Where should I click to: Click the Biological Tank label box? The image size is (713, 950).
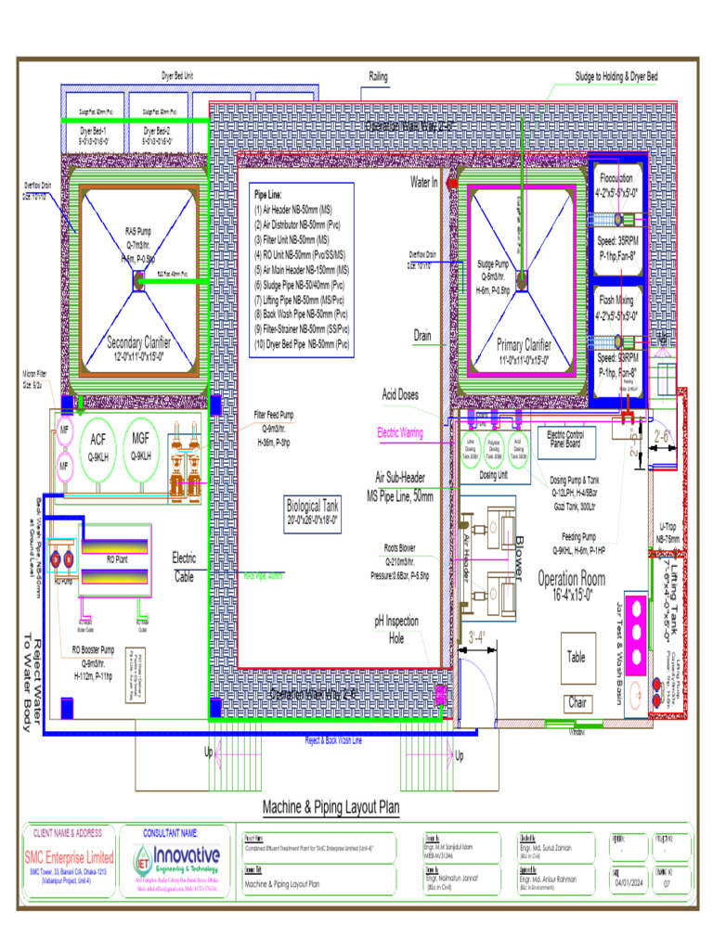[x=311, y=511]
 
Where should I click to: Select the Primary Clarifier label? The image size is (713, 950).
[x=524, y=347]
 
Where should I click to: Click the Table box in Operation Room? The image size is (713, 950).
[x=577, y=657]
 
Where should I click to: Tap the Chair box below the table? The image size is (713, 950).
[x=578, y=703]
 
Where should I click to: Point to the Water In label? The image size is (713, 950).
[x=423, y=183]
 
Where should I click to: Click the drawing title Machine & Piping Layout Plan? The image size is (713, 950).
[x=331, y=807]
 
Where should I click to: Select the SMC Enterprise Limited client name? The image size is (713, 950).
[x=69, y=857]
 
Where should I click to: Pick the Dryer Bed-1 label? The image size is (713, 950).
[x=92, y=131]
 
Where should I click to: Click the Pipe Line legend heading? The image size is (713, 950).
[x=273, y=196]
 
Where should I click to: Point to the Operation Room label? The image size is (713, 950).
[x=571, y=580]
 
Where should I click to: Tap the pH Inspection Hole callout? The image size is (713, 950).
[x=396, y=628]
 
